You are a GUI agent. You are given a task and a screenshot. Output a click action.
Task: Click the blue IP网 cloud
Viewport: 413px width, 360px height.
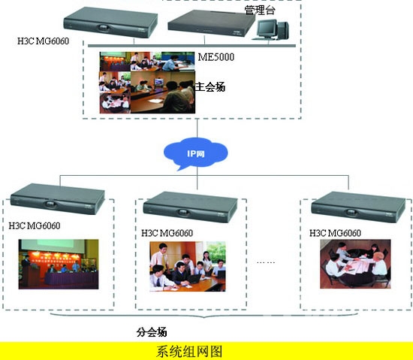[195, 153]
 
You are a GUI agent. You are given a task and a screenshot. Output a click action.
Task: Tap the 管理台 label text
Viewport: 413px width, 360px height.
[260, 10]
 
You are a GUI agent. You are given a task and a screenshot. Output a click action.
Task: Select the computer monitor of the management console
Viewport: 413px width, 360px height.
[267, 29]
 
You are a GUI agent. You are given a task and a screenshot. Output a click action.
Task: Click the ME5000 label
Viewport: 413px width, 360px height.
[216, 57]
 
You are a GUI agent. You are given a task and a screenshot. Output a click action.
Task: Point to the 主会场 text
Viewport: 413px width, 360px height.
[210, 86]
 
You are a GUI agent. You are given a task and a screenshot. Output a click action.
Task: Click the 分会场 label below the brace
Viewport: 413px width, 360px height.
[152, 331]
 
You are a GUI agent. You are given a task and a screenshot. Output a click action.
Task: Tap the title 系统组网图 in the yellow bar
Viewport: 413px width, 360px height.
[189, 351]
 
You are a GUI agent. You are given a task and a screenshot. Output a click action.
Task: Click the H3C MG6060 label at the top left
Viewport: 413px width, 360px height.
[44, 41]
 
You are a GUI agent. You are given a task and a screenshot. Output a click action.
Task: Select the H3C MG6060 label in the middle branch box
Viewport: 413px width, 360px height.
[167, 233]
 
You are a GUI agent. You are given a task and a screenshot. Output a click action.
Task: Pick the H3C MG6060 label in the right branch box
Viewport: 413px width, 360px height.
[335, 233]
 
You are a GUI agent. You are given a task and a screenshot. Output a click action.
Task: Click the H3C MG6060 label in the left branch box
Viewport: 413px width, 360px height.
[35, 225]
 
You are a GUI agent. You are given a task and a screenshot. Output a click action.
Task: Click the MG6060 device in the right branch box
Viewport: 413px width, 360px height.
[358, 207]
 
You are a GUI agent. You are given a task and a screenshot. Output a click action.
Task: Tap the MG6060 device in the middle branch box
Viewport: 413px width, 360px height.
[190, 207]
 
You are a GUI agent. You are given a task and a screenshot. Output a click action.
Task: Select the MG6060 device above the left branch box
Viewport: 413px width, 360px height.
[58, 199]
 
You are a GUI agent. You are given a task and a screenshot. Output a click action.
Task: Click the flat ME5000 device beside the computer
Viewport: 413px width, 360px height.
[211, 23]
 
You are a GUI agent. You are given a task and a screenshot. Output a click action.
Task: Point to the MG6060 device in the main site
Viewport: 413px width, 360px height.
[110, 23]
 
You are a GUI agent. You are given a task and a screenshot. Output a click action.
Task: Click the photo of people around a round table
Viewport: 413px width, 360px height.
[355, 264]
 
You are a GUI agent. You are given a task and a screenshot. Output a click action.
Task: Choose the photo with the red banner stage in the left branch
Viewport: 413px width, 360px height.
[59, 264]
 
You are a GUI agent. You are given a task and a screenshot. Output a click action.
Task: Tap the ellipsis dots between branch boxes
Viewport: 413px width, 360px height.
[266, 262]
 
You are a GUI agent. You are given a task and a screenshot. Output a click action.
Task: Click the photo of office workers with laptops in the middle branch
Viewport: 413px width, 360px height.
[188, 266]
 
